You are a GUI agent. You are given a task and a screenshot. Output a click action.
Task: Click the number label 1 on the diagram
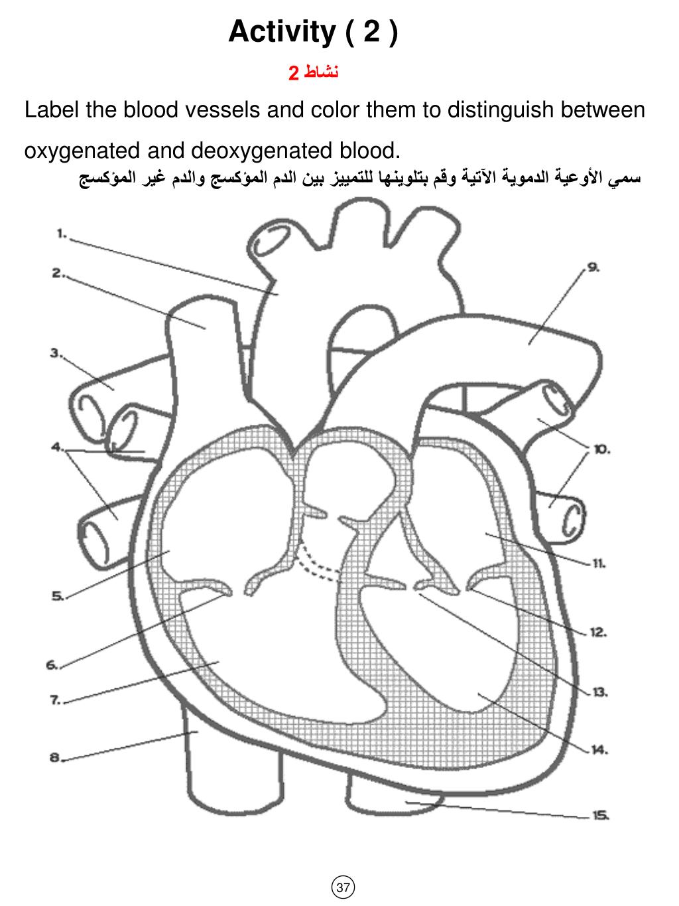click(x=60, y=233)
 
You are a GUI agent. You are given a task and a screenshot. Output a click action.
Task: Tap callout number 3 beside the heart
click(x=55, y=352)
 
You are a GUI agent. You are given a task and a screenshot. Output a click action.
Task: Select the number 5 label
click(x=57, y=596)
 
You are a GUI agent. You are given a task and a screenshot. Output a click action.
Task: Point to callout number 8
click(x=56, y=757)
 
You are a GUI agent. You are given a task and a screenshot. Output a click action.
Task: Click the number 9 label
click(x=593, y=267)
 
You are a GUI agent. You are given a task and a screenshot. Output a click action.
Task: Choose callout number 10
click(x=601, y=449)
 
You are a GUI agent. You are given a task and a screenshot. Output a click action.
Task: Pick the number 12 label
click(x=598, y=633)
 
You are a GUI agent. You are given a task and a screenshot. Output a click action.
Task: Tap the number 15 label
click(x=601, y=816)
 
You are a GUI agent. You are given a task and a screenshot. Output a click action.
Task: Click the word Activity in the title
click(x=281, y=32)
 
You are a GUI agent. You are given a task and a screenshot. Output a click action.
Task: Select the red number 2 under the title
click(x=294, y=72)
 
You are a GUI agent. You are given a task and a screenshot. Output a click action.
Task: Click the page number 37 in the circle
click(x=343, y=887)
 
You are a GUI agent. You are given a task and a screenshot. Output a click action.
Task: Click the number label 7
click(x=55, y=700)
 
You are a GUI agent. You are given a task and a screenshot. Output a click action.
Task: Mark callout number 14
click(x=599, y=750)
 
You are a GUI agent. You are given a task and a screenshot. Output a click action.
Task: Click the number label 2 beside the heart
click(x=57, y=273)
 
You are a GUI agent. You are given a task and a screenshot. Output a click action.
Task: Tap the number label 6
click(x=52, y=664)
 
